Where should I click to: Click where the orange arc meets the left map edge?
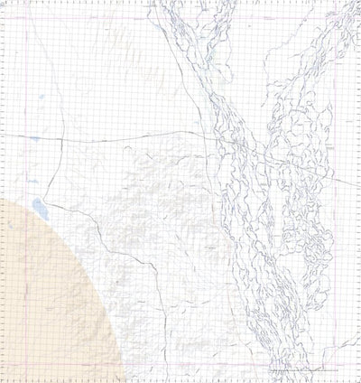(4, 192)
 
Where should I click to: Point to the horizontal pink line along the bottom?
(180, 365)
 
